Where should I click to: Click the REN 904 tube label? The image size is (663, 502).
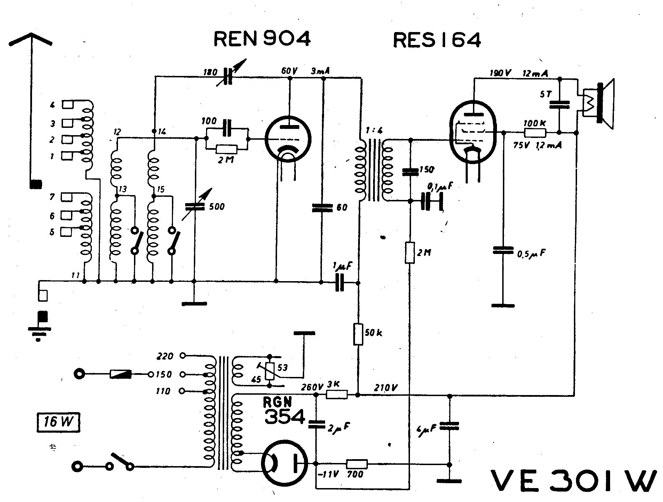[x=262, y=39]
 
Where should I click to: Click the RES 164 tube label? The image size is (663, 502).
[x=437, y=40]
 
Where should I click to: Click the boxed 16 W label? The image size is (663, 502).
[x=58, y=423]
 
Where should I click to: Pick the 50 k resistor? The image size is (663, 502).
[x=358, y=334]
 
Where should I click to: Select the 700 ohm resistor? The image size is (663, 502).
[x=357, y=464]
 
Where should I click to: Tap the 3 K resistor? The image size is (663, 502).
[x=337, y=394]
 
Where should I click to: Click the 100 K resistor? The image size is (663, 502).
[x=535, y=133]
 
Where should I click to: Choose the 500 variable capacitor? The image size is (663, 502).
[x=194, y=206]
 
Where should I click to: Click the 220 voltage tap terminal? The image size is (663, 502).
[x=182, y=356]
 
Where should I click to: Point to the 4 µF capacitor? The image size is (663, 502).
[x=449, y=426]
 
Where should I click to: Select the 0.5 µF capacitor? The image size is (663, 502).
[x=503, y=250]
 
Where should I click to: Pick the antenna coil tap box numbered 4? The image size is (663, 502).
[x=67, y=105]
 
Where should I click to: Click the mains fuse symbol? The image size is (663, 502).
[x=120, y=374]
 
